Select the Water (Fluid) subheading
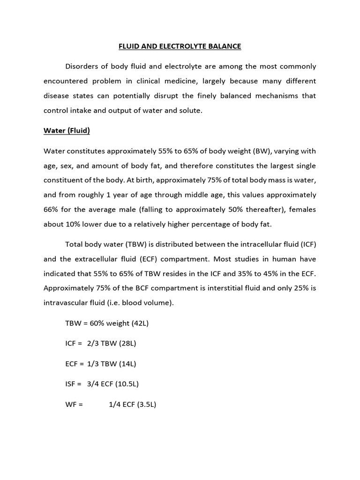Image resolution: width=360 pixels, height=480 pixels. pos(67,131)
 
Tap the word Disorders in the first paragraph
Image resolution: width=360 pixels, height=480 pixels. pos(83,66)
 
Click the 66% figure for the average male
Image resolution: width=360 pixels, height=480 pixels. pos(52,210)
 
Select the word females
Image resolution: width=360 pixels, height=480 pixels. pos(301,210)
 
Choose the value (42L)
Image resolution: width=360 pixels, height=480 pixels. pos(139,323)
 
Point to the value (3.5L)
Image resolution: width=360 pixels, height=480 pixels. pos(147,404)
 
